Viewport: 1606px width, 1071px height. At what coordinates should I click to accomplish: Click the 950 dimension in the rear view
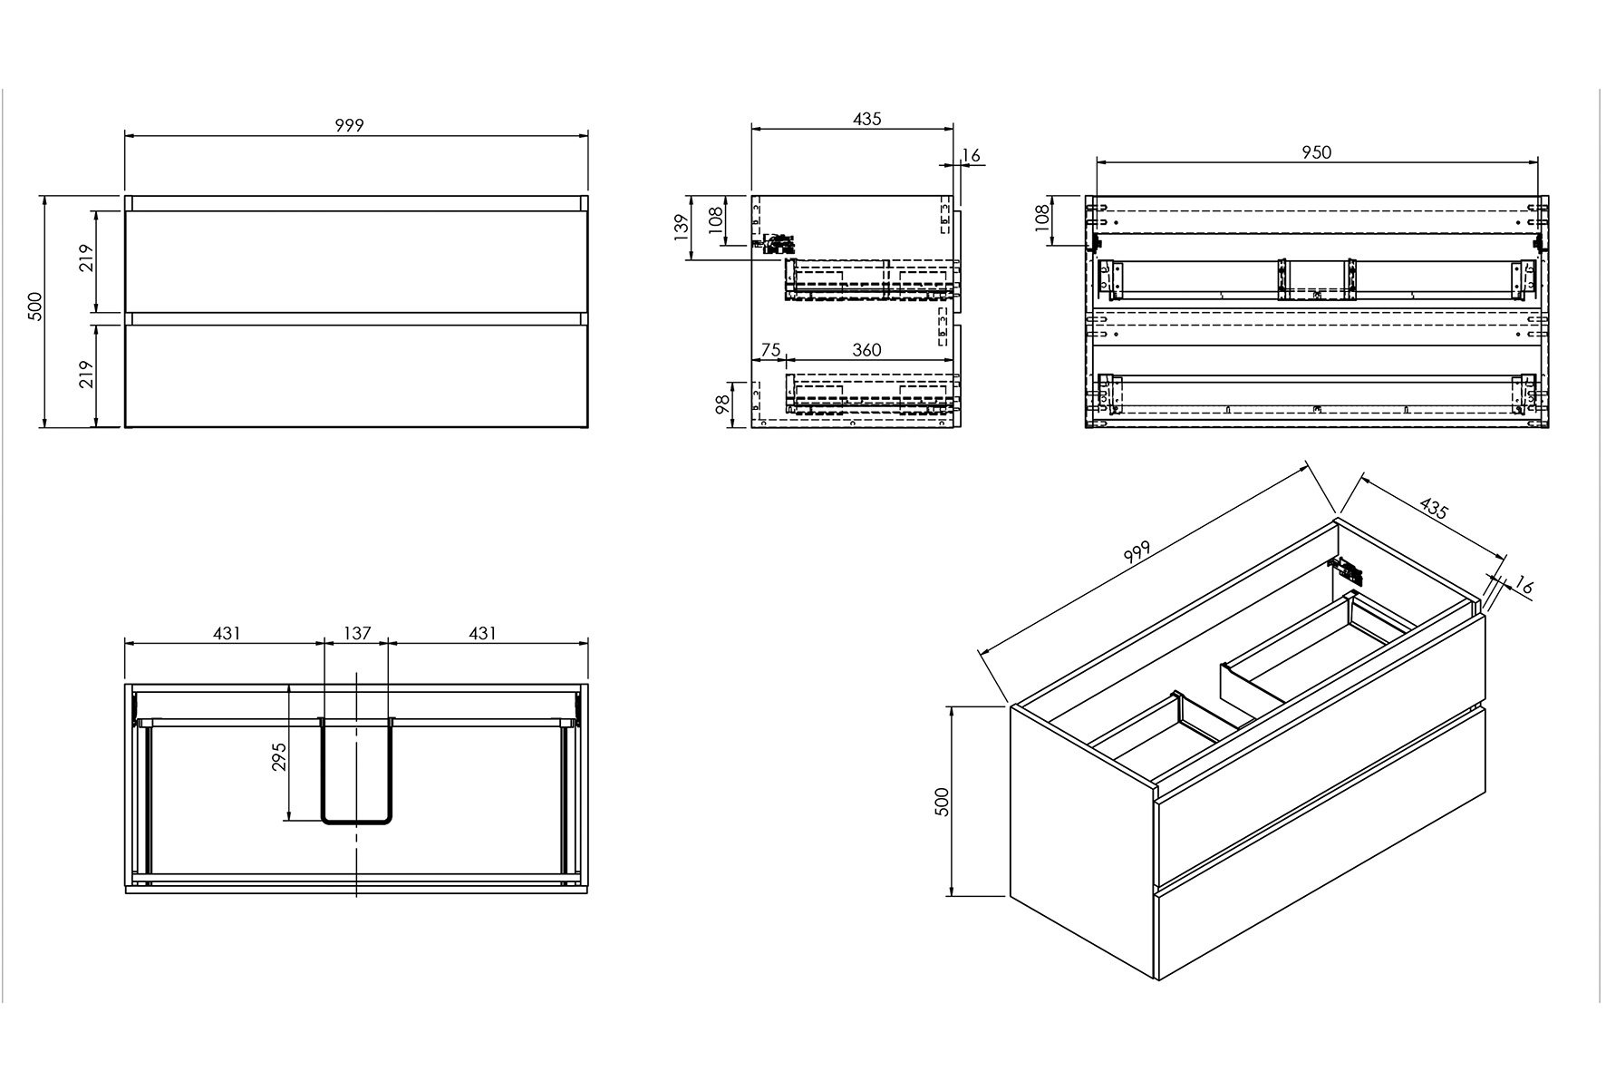point(1316,152)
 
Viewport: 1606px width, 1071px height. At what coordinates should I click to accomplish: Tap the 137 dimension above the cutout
point(357,633)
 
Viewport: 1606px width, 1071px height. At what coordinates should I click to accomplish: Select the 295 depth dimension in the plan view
point(279,756)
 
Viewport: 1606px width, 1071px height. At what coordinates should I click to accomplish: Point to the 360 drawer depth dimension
point(866,350)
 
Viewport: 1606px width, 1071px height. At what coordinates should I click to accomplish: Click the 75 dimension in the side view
point(769,350)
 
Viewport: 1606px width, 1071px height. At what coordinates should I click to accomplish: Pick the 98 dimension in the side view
point(722,404)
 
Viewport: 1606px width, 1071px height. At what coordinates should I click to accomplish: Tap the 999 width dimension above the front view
point(349,125)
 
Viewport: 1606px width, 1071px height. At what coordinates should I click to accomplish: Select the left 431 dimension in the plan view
point(227,633)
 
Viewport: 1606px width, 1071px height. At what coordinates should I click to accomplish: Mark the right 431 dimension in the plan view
point(482,633)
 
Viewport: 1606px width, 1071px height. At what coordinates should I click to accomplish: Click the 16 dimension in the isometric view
point(1523,587)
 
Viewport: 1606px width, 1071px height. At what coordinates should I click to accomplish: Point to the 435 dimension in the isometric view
point(1433,509)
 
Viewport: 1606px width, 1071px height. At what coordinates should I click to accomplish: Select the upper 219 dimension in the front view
point(86,261)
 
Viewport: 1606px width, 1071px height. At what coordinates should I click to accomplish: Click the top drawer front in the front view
point(356,262)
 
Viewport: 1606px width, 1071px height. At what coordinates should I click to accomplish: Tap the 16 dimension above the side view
point(970,156)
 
